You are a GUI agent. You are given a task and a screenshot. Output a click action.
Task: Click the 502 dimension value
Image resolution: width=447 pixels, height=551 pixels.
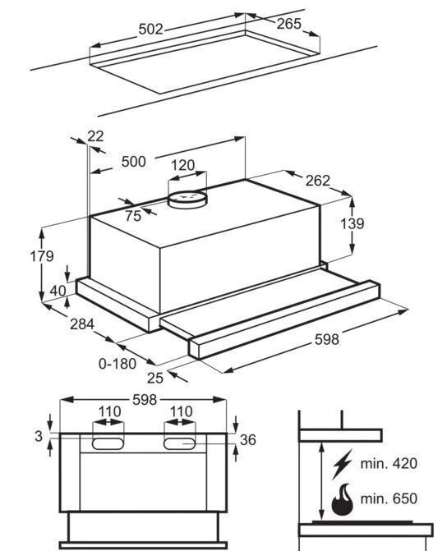(151, 30)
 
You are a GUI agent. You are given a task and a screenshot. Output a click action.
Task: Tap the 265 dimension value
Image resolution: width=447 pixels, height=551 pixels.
(289, 24)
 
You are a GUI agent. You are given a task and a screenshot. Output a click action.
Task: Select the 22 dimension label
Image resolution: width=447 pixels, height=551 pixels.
(95, 136)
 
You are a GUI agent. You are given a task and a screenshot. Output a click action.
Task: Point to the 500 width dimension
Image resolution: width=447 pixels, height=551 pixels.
(134, 162)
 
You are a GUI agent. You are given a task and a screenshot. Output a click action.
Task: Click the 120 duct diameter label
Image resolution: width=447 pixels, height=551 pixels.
(183, 165)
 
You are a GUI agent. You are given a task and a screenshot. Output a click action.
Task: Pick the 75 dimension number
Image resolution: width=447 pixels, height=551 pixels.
(133, 216)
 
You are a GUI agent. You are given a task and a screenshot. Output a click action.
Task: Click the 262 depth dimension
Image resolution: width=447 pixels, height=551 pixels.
(318, 181)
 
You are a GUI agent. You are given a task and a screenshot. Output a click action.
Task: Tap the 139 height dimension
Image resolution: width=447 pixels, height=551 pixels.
(353, 223)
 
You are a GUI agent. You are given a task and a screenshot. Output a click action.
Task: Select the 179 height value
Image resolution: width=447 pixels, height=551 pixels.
(42, 256)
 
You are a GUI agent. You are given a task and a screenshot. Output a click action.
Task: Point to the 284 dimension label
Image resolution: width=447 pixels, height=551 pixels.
(82, 324)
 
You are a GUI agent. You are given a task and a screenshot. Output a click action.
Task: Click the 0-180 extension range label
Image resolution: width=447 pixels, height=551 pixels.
(118, 364)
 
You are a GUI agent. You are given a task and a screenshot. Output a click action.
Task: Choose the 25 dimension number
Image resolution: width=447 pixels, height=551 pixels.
(155, 378)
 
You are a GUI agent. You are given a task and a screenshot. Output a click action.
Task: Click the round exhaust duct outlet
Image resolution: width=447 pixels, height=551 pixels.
(187, 200)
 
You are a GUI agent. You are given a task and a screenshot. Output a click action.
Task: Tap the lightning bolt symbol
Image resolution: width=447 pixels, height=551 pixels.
(342, 464)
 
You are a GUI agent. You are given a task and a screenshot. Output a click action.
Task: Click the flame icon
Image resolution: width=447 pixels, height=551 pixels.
(342, 500)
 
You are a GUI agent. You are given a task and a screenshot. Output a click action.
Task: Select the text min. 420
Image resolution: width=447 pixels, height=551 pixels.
(389, 463)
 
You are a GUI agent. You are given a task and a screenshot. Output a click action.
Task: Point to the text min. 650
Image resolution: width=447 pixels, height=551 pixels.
(389, 498)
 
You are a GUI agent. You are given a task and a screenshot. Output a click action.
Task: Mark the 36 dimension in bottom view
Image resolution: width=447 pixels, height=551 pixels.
(248, 440)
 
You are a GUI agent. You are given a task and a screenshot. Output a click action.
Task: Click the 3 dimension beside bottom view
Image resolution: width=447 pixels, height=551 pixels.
(39, 436)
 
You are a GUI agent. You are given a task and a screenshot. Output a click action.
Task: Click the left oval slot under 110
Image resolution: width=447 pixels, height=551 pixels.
(108, 443)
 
